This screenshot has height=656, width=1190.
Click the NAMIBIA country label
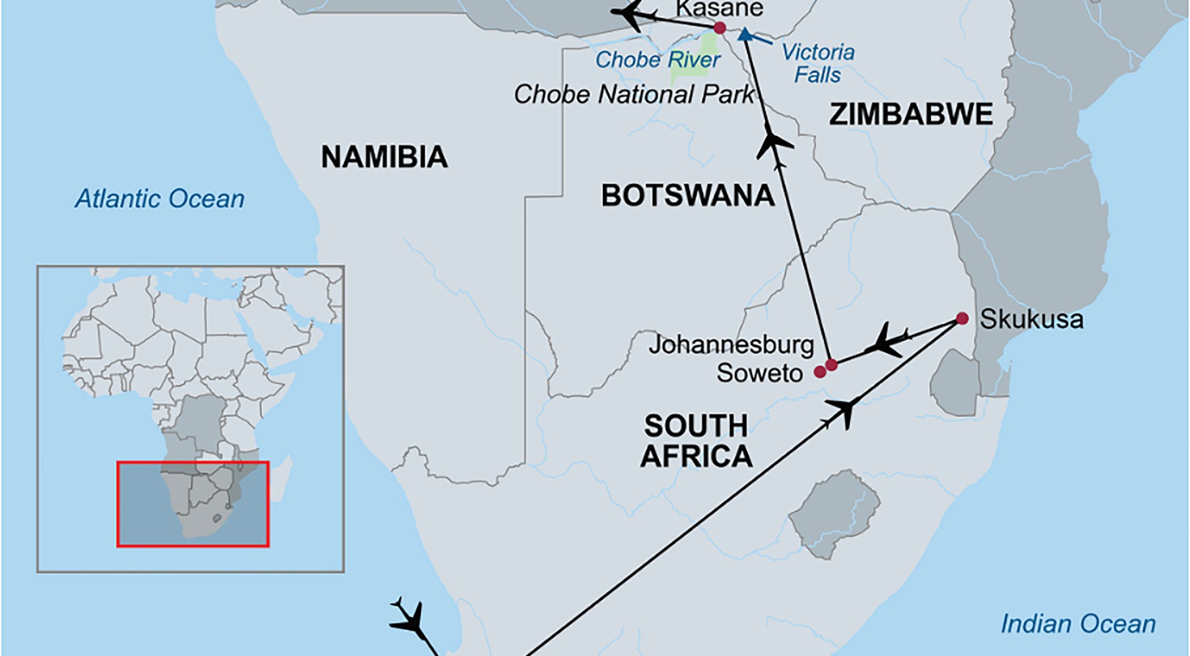pyautogui.click(x=384, y=157)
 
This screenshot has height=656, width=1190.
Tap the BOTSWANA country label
pyautogui.click(x=687, y=196)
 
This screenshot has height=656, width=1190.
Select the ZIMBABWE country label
pyautogui.click(x=911, y=114)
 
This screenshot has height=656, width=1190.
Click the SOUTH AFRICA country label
pyautogui.click(x=696, y=441)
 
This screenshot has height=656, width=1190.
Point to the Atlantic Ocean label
pyautogui.click(x=160, y=199)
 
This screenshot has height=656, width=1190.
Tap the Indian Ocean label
pyautogui.click(x=1078, y=624)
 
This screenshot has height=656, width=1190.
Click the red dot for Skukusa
pyautogui.click(x=962, y=318)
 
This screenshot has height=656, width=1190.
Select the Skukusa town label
pyautogui.click(x=1032, y=319)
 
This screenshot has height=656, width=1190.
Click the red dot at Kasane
pyautogui.click(x=719, y=28)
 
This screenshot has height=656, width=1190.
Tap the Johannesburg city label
pyautogui.click(x=731, y=344)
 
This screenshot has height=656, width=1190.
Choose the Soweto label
pyautogui.click(x=759, y=372)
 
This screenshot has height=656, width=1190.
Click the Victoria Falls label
pyautogui.click(x=818, y=63)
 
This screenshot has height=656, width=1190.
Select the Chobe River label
pyautogui.click(x=658, y=60)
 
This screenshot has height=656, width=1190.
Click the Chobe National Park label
pyautogui.click(x=633, y=94)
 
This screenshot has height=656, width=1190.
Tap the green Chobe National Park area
pyautogui.click(x=692, y=61)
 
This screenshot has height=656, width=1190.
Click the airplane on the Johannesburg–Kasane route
pyautogui.click(x=773, y=143)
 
